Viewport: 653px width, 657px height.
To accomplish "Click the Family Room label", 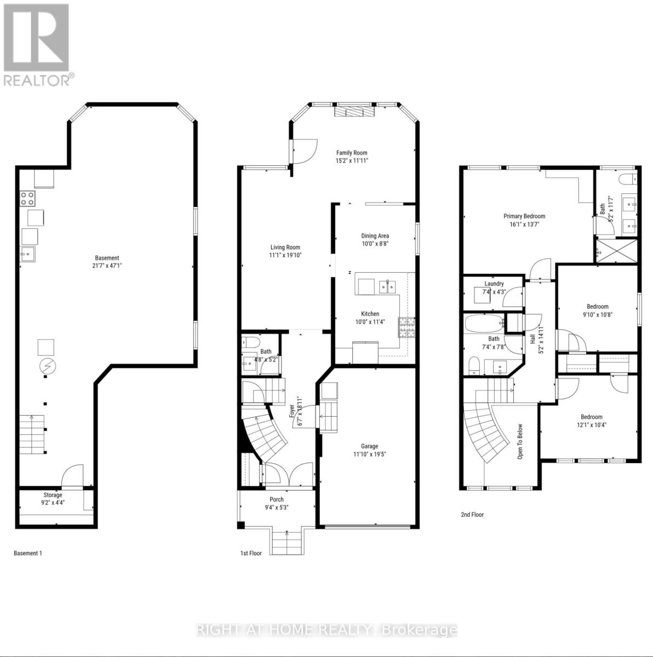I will point(352,153).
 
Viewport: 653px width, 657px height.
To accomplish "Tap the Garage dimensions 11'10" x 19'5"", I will point(369,454).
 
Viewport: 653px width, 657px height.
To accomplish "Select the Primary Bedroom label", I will point(524,216).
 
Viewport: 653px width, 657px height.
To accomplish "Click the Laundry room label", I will point(494,284).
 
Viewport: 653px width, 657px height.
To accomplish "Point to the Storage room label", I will point(53,495).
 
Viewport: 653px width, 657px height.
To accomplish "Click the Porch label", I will point(277,499).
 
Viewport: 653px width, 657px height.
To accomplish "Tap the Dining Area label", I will point(375,236).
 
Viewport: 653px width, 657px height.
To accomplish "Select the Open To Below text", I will point(520,441).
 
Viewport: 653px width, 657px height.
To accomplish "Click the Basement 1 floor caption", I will point(27,553).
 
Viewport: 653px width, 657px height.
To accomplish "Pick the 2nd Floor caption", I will point(472,515).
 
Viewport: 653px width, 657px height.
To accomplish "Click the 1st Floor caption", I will point(251,553).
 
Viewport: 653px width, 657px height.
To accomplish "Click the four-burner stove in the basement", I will point(27,198).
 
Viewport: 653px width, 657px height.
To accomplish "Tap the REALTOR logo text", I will point(37,80).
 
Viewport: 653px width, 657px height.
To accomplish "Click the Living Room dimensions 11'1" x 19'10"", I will point(285,255).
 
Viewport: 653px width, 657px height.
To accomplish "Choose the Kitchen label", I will point(370,314).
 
